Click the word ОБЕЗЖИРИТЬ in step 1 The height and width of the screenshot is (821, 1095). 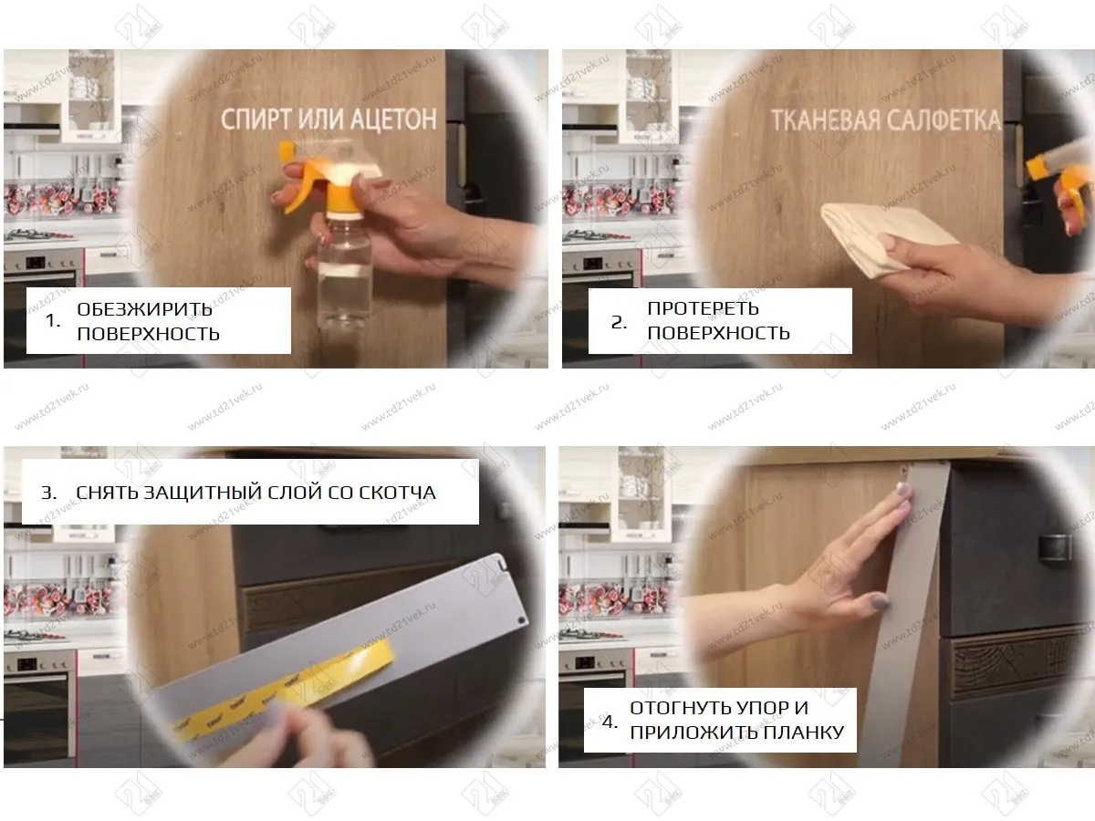(145, 309)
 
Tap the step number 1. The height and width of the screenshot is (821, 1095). (52, 320)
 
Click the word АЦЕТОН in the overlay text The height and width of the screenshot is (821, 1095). (393, 120)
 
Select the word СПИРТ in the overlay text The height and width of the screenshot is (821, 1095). (255, 120)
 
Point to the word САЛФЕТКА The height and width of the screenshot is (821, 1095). (944, 120)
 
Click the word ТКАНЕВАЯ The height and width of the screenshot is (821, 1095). (826, 120)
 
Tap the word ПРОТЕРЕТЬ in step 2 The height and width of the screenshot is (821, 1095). (703, 308)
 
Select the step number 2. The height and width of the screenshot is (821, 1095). (619, 323)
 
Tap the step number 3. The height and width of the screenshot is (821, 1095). (48, 493)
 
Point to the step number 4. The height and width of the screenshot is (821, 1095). (610, 722)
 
